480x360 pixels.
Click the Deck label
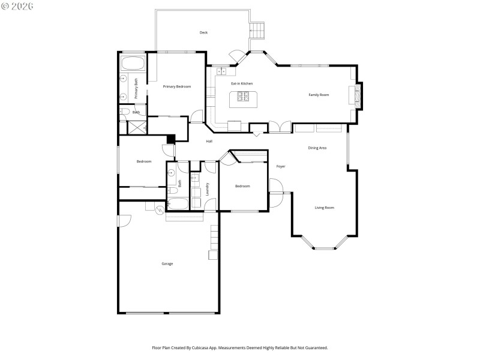(203, 32)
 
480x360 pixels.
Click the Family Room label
(319, 95)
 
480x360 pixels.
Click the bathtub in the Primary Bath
(131, 64)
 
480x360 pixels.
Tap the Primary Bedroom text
(177, 87)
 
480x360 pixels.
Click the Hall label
(209, 141)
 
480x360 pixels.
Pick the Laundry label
(207, 188)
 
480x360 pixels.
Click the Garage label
(167, 263)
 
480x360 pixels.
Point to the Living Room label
(325, 208)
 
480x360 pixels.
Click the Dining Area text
(317, 148)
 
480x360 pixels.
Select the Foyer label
(280, 166)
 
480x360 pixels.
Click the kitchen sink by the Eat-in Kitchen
(221, 71)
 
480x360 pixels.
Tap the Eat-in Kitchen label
(242, 83)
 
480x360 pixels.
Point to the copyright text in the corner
(17, 5)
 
